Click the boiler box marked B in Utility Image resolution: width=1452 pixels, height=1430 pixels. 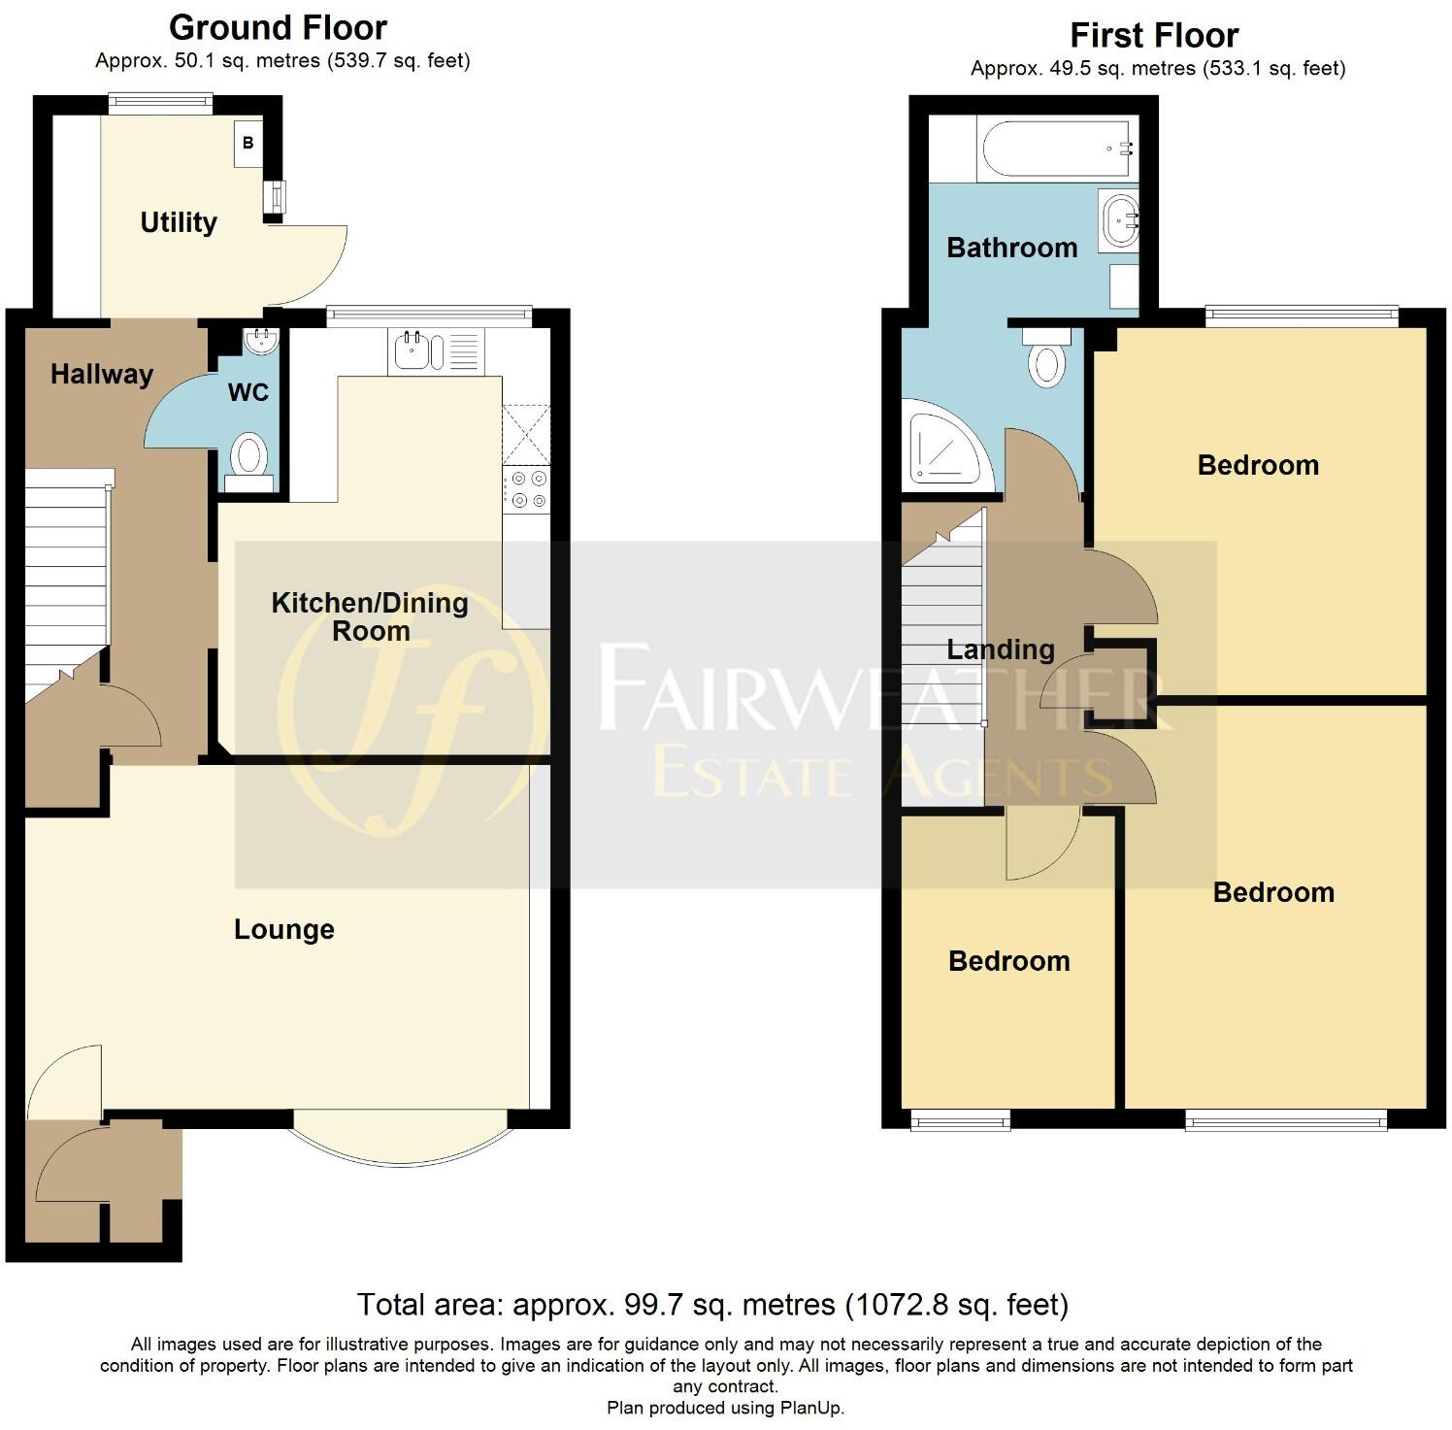[x=247, y=144]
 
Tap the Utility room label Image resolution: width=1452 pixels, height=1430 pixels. [x=179, y=222]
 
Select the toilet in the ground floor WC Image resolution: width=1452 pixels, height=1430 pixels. [x=250, y=457]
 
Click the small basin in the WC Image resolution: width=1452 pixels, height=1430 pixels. [x=261, y=341]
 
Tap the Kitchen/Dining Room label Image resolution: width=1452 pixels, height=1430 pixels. [x=370, y=616]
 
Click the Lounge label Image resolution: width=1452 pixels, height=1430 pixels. [x=283, y=930]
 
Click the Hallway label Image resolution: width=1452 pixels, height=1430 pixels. [x=102, y=375]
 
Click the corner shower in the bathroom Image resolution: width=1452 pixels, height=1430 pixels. [x=942, y=449]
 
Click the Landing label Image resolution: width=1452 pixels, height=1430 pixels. [x=1000, y=649]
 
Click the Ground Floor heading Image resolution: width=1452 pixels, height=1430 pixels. [x=278, y=27]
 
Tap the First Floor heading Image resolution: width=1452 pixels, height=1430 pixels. [x=1153, y=36]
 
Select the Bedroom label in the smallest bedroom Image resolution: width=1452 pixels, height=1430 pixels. [x=1008, y=961]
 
